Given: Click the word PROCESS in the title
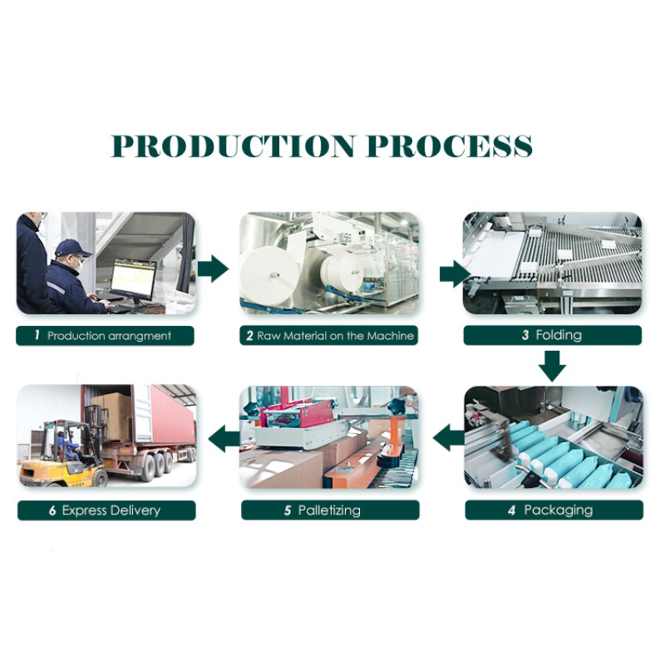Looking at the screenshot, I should [449, 145].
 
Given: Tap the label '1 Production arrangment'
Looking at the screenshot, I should [106, 336].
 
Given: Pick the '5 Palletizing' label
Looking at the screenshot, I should [330, 510].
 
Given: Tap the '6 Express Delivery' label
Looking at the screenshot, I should [106, 510].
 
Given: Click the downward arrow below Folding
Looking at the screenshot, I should [552, 364].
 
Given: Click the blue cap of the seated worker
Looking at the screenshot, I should [71, 247].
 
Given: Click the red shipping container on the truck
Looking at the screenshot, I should [162, 416].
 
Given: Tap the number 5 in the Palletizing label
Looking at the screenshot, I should [288, 510].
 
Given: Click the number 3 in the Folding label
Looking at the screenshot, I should [525, 336].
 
